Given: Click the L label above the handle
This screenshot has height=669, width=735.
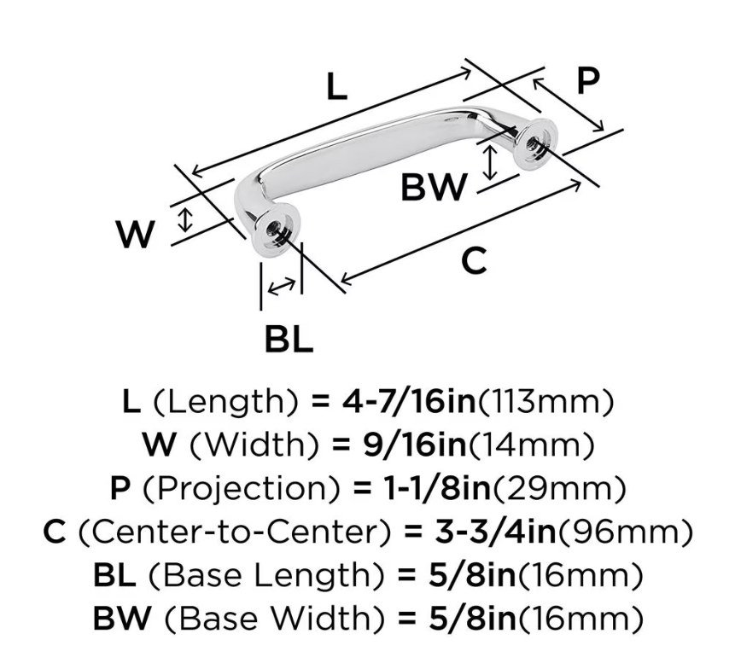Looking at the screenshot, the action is click(336, 87).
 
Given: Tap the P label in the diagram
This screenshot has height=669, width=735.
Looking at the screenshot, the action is click(588, 81).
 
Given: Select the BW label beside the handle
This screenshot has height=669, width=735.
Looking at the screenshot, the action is click(434, 187).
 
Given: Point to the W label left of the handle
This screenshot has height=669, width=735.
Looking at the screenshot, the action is click(135, 235).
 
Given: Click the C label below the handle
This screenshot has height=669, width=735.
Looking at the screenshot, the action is click(474, 260).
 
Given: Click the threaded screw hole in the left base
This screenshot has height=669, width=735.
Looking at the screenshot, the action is click(273, 230).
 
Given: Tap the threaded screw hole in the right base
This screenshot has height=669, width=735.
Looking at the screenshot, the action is click(535, 143).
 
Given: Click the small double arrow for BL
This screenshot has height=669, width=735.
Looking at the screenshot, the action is click(281, 286).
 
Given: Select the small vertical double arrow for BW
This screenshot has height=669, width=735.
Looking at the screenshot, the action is click(490, 163).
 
